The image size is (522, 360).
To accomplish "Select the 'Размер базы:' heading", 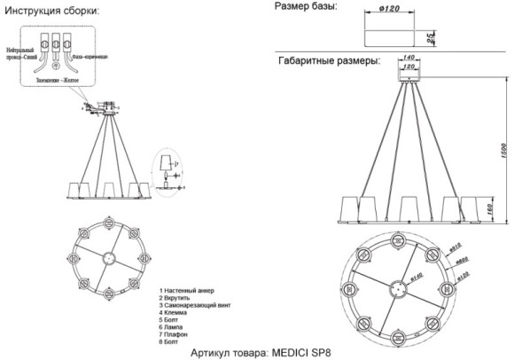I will click(307, 7).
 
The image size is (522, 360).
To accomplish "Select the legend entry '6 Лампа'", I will click(174, 326).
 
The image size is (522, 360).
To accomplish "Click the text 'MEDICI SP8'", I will click(300, 352).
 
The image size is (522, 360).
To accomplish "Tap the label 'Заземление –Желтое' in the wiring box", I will click(58, 81).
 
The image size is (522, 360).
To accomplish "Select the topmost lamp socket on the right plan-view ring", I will click(396, 240).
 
